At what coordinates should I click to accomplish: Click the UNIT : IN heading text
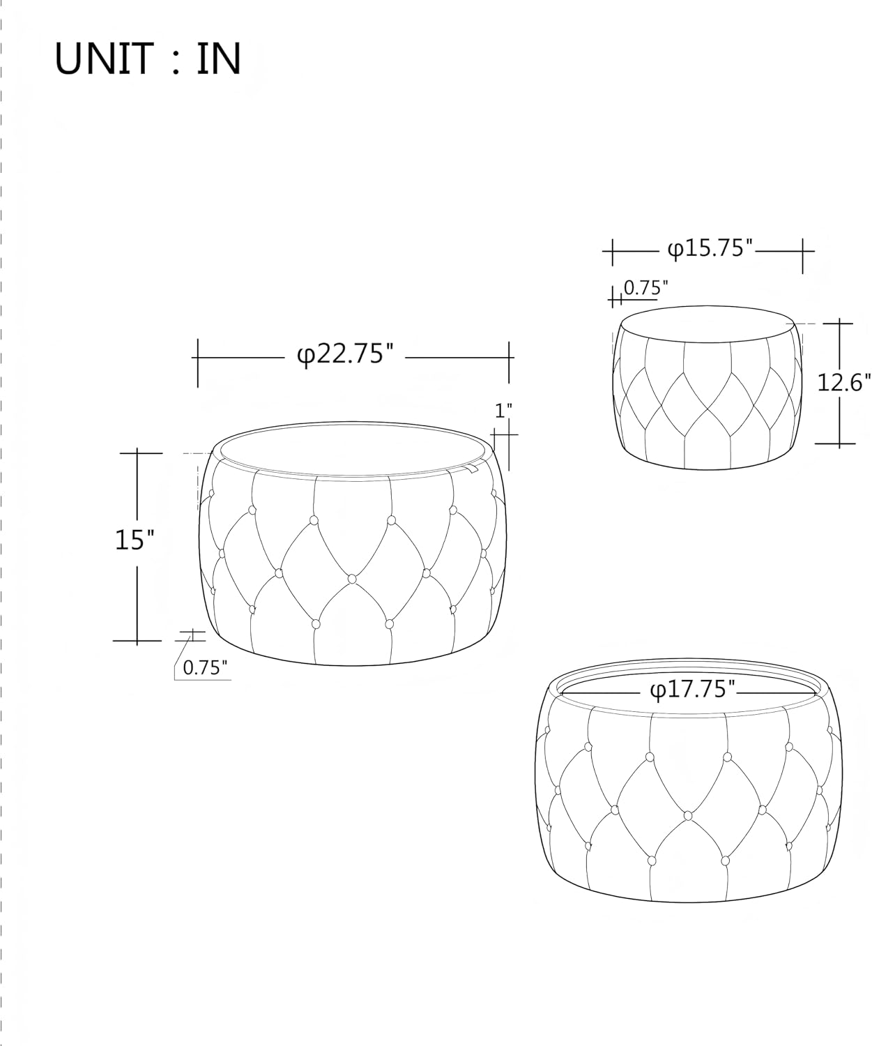(x=148, y=59)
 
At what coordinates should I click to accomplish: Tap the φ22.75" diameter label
(x=346, y=355)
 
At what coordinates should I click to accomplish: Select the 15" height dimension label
(x=135, y=540)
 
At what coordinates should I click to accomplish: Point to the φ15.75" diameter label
(x=710, y=248)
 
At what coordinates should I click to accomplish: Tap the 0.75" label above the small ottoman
(x=646, y=288)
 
